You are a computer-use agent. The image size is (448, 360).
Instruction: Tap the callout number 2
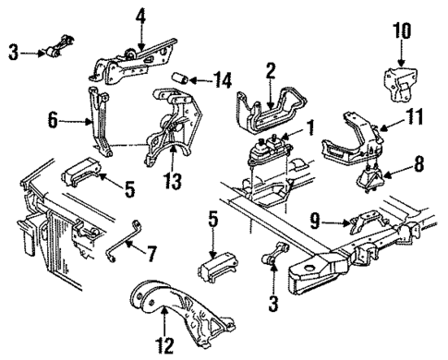point(270,69)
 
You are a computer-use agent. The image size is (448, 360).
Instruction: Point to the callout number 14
point(221,81)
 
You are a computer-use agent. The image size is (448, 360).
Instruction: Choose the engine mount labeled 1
point(265,152)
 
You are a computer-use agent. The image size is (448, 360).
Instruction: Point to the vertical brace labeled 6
point(97,120)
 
